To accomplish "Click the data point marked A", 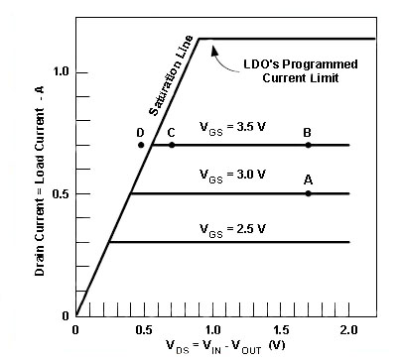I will [308, 193].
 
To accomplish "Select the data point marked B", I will [308, 145].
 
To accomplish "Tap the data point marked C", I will [172, 145].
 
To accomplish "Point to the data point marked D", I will [141, 145].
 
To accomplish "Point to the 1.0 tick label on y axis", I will [59, 71].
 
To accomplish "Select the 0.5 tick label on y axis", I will [59, 193].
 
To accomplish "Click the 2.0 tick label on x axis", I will [348, 328].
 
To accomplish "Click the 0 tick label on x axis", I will [76, 328].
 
